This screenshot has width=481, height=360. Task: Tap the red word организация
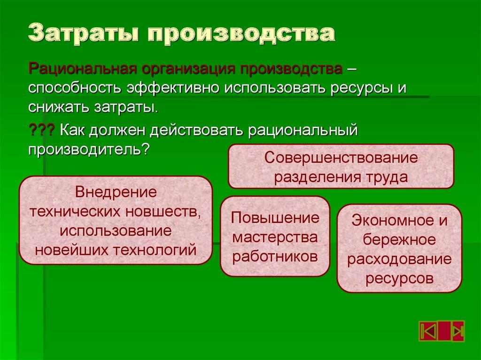(188, 69)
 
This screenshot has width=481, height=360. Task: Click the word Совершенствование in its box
(341, 157)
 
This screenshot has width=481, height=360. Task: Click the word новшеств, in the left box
(164, 211)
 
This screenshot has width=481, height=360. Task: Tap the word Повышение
(275, 218)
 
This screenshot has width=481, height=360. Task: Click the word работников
(275, 256)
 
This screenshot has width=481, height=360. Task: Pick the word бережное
(399, 239)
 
